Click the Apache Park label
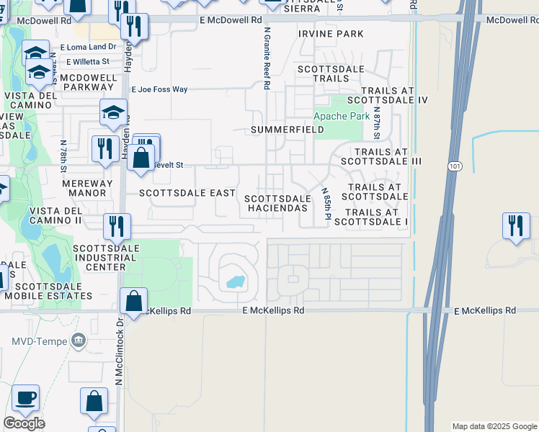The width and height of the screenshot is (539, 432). pos(342,116)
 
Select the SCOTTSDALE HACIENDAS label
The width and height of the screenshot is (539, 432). pos(277,203)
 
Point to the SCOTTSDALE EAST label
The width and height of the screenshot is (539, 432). pos(187,193)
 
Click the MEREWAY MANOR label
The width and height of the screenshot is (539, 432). pos(87,188)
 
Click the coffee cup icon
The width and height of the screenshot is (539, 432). pos(25,398)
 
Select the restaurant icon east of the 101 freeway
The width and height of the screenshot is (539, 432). pos(516,227)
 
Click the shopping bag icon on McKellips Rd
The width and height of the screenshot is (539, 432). pos(134,302)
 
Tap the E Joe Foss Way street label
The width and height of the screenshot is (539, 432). pos(159,89)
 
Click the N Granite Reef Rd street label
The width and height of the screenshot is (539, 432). pos(267,58)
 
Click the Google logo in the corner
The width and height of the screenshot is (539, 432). pos(24,423)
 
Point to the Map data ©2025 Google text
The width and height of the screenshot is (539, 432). pos(494,426)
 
